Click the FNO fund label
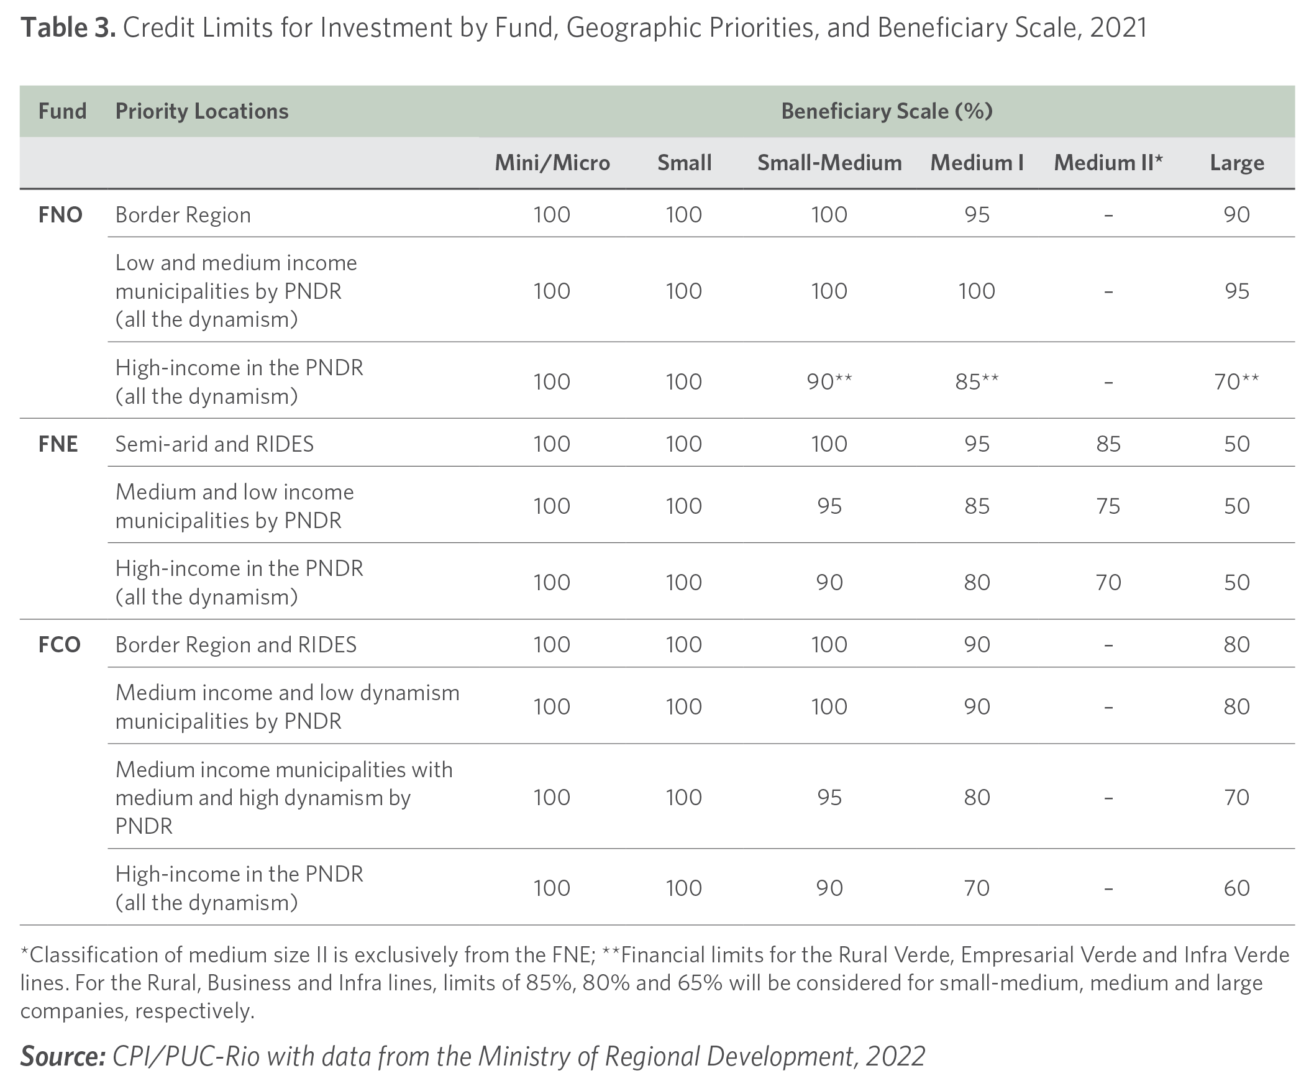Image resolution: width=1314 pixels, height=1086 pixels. tap(60, 214)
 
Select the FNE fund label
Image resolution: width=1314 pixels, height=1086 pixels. tap(58, 444)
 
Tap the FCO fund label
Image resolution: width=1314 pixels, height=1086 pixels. tap(60, 644)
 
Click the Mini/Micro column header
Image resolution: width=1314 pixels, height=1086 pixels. tap(552, 163)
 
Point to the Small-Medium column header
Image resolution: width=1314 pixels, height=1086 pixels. tap(829, 163)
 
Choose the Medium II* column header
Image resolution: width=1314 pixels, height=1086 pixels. tap(1108, 163)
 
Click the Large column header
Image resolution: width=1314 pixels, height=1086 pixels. tap(1236, 163)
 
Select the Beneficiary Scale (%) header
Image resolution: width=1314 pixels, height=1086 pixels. tap(887, 111)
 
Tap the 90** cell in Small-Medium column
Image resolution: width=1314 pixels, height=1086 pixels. tap(829, 381)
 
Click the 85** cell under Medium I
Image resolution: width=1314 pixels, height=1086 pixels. tap(977, 381)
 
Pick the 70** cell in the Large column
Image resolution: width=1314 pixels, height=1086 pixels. tap(1236, 381)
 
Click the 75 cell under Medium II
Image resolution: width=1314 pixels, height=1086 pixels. tap(1108, 506)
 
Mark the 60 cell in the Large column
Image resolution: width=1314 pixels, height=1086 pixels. tap(1236, 888)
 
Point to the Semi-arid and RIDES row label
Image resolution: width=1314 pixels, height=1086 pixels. tap(214, 444)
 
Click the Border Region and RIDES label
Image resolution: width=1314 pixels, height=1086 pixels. tap(236, 644)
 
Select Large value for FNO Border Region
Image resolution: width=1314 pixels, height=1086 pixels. tap(1236, 214)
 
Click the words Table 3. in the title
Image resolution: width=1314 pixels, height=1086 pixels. tap(68, 27)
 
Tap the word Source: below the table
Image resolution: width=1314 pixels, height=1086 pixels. tap(63, 1056)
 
